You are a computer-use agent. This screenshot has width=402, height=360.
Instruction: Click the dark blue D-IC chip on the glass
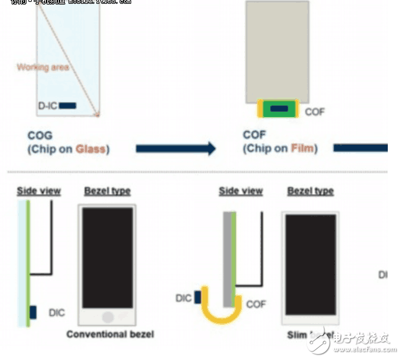[x=68, y=105]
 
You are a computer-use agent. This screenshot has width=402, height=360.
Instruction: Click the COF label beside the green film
[x=315, y=112]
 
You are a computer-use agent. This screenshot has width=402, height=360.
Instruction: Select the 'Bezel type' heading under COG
[x=107, y=191]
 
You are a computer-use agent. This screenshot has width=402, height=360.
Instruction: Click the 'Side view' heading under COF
[x=241, y=191]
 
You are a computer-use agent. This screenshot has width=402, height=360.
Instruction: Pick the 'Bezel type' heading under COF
[x=310, y=191]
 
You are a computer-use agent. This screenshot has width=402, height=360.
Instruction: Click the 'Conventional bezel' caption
[x=110, y=334]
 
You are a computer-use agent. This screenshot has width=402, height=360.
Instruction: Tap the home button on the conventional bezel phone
[x=107, y=317]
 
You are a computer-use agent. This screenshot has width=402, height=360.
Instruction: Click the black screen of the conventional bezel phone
[x=107, y=258]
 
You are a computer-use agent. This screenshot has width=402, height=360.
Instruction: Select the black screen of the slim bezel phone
[x=310, y=264]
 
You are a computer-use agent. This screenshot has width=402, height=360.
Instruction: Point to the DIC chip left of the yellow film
[x=198, y=297]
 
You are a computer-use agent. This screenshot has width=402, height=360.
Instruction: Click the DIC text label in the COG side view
[x=56, y=313]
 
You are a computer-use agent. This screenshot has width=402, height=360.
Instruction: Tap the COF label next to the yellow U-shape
[x=256, y=304]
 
